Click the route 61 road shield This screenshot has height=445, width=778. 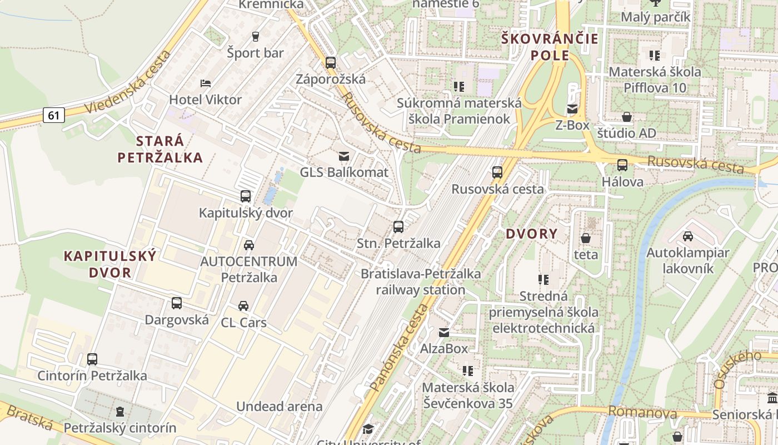point(53,115)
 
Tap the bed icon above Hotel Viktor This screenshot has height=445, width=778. point(206,83)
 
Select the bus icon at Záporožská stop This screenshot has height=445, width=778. point(331,62)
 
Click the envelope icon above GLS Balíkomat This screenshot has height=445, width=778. point(344,156)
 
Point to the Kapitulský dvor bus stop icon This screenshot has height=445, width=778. point(246,196)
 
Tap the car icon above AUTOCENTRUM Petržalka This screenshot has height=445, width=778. point(249,245)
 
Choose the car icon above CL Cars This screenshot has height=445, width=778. point(243,305)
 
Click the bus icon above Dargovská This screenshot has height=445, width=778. point(177,303)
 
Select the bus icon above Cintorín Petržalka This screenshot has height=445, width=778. point(92,359)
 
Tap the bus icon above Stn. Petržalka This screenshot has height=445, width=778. point(398,226)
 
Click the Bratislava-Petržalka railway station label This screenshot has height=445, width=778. point(421,281)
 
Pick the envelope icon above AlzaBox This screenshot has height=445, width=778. point(444,333)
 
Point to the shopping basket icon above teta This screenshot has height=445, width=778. point(586,239)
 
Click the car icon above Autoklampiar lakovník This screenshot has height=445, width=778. point(688,236)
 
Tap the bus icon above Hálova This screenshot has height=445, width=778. point(622,165)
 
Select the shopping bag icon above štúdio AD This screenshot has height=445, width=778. point(627,117)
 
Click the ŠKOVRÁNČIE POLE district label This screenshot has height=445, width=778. point(550,47)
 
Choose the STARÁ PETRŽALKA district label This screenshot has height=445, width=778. point(160,149)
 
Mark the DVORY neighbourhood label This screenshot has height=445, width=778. point(531,234)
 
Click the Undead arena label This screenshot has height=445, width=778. point(280,406)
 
